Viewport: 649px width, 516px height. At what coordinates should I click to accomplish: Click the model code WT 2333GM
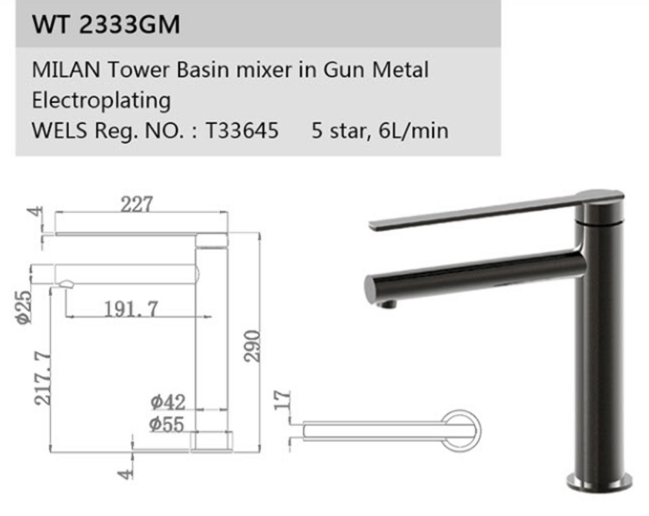106,25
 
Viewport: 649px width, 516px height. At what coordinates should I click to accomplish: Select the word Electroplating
101,99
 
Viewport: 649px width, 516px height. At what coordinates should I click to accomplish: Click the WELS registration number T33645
241,131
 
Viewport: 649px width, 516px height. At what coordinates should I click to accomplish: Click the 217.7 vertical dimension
42,378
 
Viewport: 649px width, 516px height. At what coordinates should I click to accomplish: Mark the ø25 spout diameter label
24,307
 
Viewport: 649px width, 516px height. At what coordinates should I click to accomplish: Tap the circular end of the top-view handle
462,430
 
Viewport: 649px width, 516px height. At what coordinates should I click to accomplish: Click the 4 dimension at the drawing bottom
126,472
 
